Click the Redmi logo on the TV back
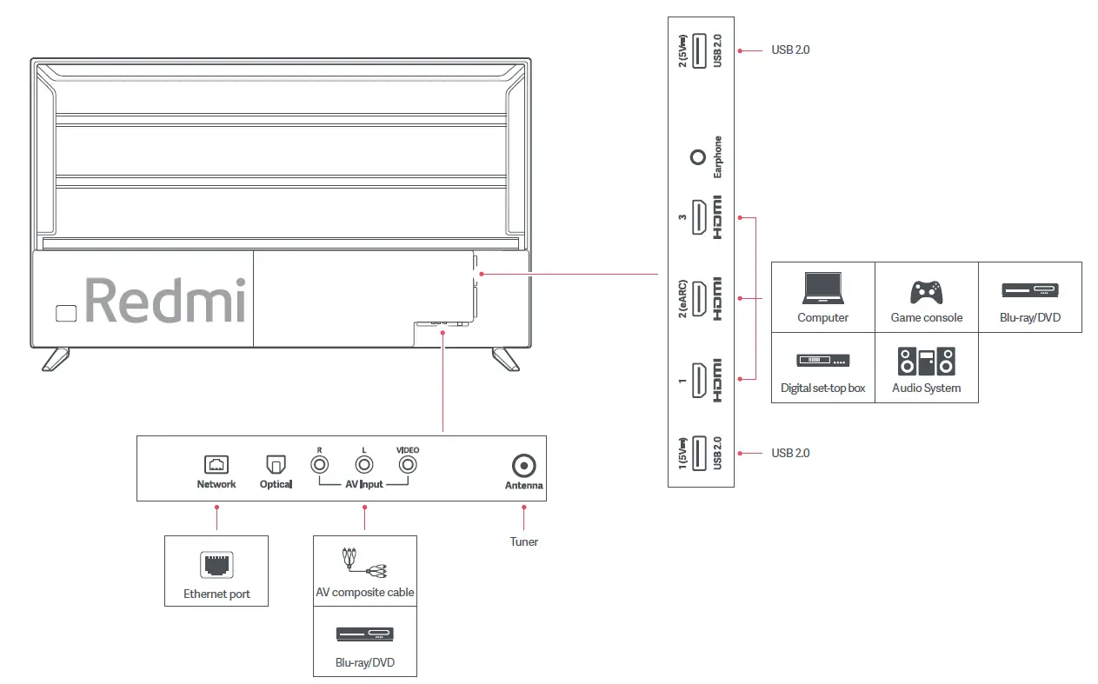pyautogui.click(x=164, y=301)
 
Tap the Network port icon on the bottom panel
pyautogui.click(x=216, y=465)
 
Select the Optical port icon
pyautogui.click(x=275, y=466)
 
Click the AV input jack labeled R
pyautogui.click(x=321, y=465)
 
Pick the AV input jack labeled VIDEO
pyautogui.click(x=407, y=465)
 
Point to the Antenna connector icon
pyautogui.click(x=524, y=466)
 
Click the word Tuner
pyautogui.click(x=524, y=541)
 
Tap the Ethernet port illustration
pyautogui.click(x=216, y=565)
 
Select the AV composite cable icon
pyautogui.click(x=364, y=562)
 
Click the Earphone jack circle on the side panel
pyautogui.click(x=697, y=157)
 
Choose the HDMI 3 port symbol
pyautogui.click(x=698, y=217)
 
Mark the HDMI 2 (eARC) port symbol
pyautogui.click(x=698, y=298)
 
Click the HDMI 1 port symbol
pyautogui.click(x=698, y=380)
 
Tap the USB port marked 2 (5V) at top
pyautogui.click(x=698, y=50)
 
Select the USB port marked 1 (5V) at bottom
pyautogui.click(x=698, y=452)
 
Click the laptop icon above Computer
pyautogui.click(x=822, y=289)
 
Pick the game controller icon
pyautogui.click(x=926, y=290)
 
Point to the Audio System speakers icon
pyautogui.click(x=926, y=361)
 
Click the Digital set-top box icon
pyautogui.click(x=822, y=361)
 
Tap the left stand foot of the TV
pyautogui.click(x=56, y=358)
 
